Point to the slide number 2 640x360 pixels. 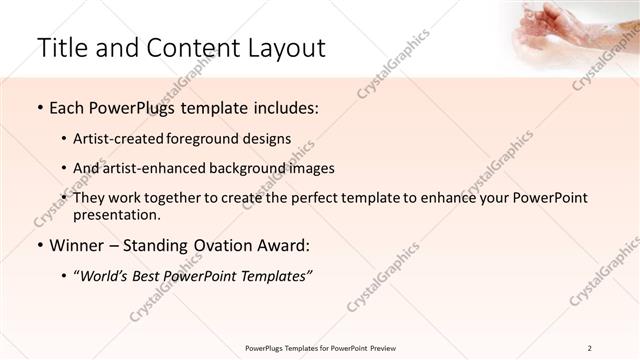tap(590, 348)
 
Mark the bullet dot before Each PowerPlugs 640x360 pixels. tap(39, 107)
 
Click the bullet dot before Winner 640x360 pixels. tap(39, 245)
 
